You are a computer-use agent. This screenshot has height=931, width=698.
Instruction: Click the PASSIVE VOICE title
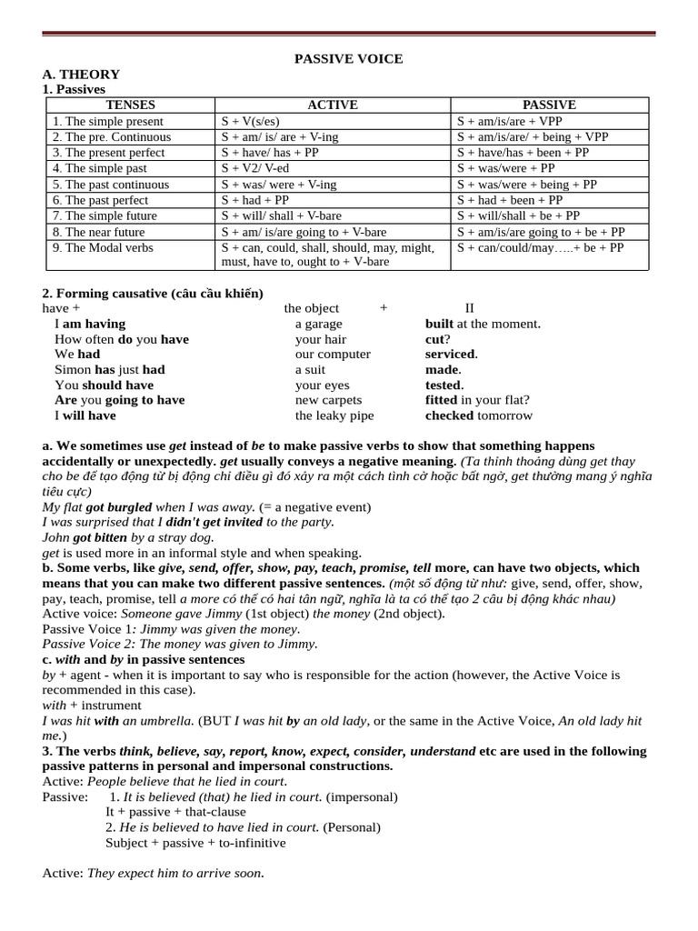click(348, 59)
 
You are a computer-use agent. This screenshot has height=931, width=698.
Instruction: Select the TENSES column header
click(131, 105)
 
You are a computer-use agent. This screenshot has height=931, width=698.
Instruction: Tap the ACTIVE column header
click(333, 105)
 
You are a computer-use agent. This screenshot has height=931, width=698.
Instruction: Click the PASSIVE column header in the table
click(549, 105)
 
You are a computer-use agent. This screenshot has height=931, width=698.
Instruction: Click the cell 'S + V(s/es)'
click(251, 121)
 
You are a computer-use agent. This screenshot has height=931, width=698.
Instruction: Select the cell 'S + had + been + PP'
click(510, 200)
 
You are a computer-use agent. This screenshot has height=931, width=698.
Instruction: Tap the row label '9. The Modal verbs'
click(103, 247)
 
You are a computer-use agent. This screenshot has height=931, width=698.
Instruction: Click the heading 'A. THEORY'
click(81, 75)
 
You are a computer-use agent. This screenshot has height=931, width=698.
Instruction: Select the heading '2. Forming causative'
click(153, 293)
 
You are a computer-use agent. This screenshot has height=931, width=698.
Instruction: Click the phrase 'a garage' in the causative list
click(319, 324)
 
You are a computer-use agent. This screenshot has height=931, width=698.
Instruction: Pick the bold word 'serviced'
click(450, 355)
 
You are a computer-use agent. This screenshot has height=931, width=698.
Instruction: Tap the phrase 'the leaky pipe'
click(334, 416)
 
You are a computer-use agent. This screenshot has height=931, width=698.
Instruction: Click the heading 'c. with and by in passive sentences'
click(144, 659)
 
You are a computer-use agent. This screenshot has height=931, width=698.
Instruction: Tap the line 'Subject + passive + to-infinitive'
click(195, 843)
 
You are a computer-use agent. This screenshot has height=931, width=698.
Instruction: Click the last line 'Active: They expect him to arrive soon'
click(154, 874)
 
